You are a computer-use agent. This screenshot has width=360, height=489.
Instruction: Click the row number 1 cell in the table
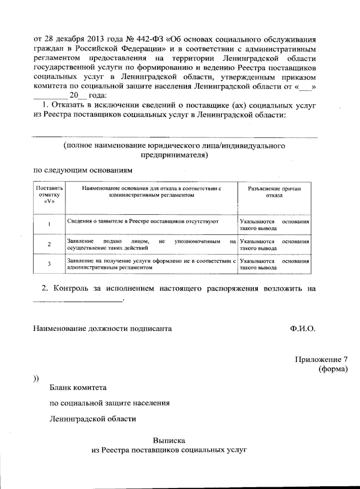pyautogui.click(x=49, y=225)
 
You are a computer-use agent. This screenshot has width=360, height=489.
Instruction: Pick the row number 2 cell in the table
pyautogui.click(x=49, y=244)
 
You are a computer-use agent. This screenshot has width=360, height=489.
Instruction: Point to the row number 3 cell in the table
pyautogui.click(x=49, y=264)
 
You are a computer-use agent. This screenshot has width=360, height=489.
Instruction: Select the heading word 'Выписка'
pyautogui.click(x=169, y=441)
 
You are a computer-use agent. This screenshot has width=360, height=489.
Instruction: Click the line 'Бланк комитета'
pyautogui.click(x=78, y=388)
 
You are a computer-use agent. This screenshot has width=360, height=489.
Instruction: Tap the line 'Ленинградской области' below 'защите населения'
pyautogui.click(x=93, y=419)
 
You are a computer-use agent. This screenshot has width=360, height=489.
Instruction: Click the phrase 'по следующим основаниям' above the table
pyautogui.click(x=82, y=171)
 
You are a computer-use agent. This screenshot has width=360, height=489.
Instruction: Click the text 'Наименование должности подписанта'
pyautogui.click(x=102, y=329)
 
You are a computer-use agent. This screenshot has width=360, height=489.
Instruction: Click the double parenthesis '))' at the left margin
pyautogui.click(x=36, y=378)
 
